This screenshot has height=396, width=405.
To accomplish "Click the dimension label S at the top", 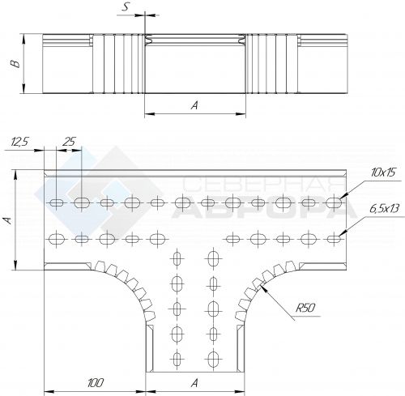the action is (x=126, y=6).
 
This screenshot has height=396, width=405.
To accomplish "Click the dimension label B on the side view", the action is (x=15, y=64).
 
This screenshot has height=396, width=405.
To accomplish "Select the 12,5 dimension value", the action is (x=19, y=142).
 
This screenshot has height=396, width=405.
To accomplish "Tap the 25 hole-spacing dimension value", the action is (x=69, y=142).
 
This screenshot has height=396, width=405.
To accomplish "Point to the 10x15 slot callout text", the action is (x=383, y=172).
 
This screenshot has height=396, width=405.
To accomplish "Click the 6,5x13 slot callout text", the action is (x=384, y=209).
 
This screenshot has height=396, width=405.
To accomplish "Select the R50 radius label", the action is (x=305, y=308).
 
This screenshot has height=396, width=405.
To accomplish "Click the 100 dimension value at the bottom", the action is (x=96, y=383).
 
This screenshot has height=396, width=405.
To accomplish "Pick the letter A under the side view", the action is (x=194, y=105).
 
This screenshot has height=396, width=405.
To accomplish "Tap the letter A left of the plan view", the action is (x=9, y=220).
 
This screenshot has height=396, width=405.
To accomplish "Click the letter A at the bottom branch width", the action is (x=194, y=383).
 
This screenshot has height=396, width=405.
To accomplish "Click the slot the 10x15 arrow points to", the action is (x=334, y=202).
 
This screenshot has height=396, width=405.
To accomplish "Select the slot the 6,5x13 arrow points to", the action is (x=334, y=239).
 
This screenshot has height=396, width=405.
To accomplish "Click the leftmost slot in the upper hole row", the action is (x=57, y=202).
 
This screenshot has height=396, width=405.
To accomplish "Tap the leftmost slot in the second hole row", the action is (x=57, y=239).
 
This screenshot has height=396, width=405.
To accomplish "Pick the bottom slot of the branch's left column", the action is (x=177, y=359).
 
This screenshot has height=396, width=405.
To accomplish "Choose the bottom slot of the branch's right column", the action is (x=214, y=359).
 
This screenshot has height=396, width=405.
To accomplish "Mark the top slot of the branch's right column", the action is (x=214, y=259).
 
